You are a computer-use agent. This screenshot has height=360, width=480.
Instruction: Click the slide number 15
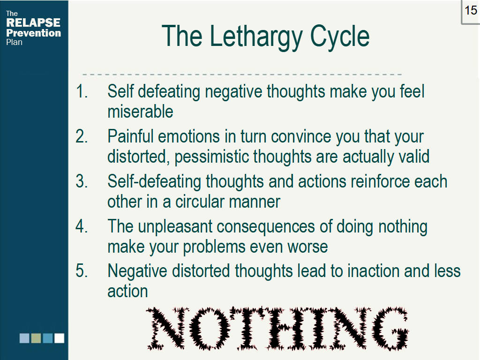[471, 10]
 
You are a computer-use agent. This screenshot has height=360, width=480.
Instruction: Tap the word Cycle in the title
[337, 36]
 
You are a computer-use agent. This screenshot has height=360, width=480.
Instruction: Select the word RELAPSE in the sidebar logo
[33, 22]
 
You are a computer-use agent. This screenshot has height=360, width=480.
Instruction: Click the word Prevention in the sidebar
[33, 33]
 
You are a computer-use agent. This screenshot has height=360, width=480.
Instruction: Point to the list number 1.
[82, 91]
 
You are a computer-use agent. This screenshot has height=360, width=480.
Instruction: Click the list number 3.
[82, 181]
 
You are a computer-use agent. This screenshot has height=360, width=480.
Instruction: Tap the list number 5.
[82, 271]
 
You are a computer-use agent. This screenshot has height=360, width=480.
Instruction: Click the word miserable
[140, 112]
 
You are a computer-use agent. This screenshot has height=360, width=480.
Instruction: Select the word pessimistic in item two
[212, 157]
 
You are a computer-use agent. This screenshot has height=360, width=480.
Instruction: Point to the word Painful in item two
[131, 136]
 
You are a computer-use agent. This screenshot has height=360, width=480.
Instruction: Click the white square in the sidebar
[59, 338]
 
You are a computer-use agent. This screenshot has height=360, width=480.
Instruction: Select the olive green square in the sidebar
[36, 338]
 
